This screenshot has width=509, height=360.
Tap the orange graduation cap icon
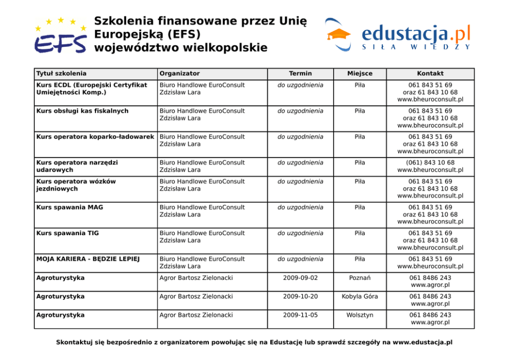(x=339, y=35)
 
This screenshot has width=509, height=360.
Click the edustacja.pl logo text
(x=416, y=34)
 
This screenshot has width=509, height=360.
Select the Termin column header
(x=300, y=73)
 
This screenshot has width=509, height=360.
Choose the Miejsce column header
(x=360, y=73)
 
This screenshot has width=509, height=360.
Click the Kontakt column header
(x=430, y=73)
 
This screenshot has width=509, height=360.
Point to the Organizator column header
(x=180, y=73)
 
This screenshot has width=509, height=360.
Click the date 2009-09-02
(x=300, y=278)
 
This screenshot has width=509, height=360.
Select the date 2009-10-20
(x=300, y=296)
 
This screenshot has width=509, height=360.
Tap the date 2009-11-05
(x=300, y=315)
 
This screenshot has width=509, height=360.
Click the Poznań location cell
(x=360, y=278)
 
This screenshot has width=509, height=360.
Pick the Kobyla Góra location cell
(x=360, y=296)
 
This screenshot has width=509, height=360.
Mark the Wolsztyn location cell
(x=360, y=315)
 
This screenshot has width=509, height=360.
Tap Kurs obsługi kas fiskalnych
(x=83, y=110)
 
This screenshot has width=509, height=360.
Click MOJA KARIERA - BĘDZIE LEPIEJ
(x=88, y=259)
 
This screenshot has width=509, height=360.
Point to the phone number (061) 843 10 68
(x=430, y=162)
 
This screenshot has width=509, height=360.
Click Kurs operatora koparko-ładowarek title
(x=95, y=137)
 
